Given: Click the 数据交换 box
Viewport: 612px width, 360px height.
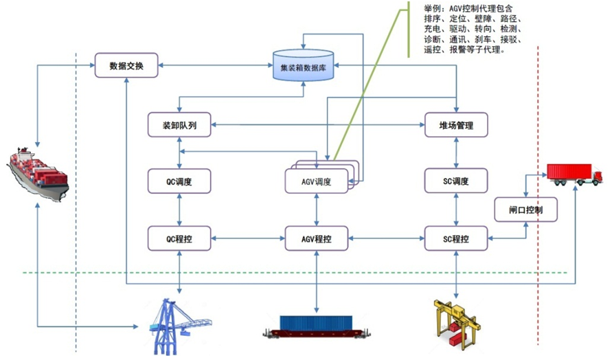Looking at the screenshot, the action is click(x=126, y=65).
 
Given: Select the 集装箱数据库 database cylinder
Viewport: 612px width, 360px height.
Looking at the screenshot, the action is click(x=304, y=65).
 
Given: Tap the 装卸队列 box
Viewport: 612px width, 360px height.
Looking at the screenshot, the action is click(x=179, y=125).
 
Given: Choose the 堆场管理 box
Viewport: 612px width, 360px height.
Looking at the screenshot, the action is click(x=456, y=125).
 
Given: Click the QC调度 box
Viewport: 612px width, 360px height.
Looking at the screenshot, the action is click(x=179, y=181).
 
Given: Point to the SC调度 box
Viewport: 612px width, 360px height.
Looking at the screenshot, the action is click(x=456, y=181).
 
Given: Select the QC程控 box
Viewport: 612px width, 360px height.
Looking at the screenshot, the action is click(x=179, y=238).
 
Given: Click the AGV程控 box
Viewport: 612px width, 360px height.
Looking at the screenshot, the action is click(x=317, y=238).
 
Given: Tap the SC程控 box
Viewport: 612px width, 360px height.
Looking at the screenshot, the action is click(x=456, y=238).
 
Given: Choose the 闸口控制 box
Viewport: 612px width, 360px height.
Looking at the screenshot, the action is click(x=525, y=210).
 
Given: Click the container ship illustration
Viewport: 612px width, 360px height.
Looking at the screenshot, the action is click(x=38, y=175).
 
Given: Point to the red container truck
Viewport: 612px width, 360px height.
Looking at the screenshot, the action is click(x=574, y=175).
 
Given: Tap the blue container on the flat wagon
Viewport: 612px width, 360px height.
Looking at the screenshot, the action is click(x=316, y=324).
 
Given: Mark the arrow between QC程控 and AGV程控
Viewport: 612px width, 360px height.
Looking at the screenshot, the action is click(x=248, y=238).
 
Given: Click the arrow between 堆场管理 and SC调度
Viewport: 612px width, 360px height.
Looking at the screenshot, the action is click(x=456, y=153).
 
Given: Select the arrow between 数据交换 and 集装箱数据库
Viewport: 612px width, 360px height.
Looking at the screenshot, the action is click(x=215, y=65).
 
